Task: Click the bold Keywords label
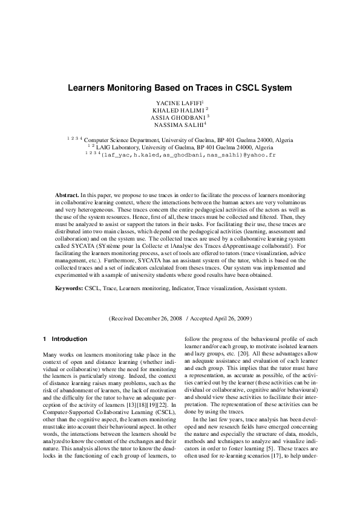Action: pos(70,289)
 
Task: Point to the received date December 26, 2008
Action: pos(158,318)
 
